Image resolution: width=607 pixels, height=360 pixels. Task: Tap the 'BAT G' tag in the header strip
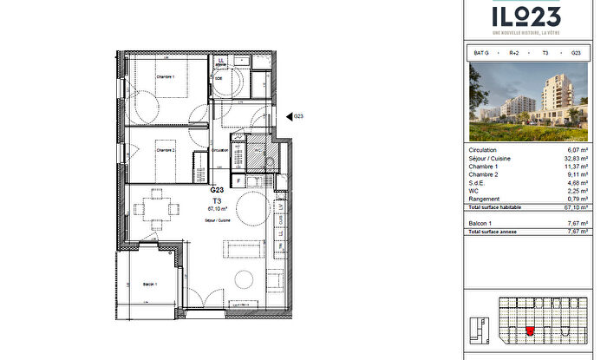click(481, 53)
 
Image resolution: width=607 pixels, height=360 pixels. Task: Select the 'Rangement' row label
click(482, 200)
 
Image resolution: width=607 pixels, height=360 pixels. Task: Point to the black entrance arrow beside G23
click(289, 116)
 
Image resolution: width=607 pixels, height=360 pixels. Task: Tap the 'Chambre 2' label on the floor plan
click(166, 150)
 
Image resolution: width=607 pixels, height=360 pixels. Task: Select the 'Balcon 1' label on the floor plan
click(150, 285)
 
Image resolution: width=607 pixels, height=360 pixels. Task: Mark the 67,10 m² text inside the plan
click(218, 209)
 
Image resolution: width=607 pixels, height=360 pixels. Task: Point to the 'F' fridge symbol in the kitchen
click(238, 180)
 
